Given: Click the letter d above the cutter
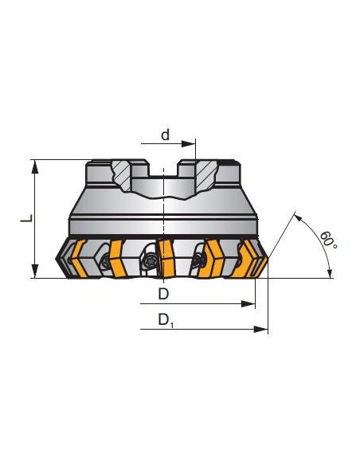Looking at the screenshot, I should point(166,135).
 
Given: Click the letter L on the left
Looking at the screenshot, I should point(25,217).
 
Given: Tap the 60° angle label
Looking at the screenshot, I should point(328,240).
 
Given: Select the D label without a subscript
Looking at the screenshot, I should point(164,294).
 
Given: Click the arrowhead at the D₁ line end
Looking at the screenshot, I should point(264,328).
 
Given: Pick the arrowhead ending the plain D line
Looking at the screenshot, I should point(252,304).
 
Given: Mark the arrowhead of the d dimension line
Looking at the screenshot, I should point(193,145).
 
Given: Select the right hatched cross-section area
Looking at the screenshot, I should point(206,172).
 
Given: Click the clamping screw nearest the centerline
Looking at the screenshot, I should point(149,259).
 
